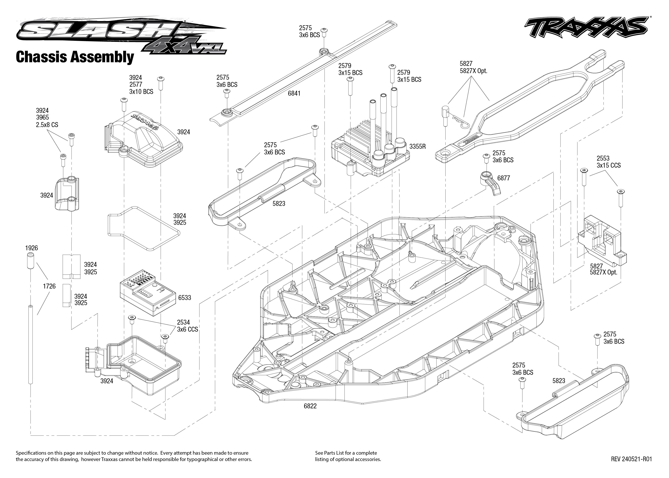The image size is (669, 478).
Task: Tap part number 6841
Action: point(294,93)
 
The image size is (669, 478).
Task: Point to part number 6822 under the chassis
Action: point(310,406)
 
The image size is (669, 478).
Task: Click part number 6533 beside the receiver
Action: point(185,298)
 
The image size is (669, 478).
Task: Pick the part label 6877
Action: point(503,178)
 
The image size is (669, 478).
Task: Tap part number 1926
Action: point(31,248)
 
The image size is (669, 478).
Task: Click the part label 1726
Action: point(49,286)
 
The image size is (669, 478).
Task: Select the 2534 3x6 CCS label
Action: point(187,326)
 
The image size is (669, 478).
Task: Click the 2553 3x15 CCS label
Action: point(608,162)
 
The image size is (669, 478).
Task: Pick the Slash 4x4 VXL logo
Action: point(121,35)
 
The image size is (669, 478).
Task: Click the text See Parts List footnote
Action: point(348,456)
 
